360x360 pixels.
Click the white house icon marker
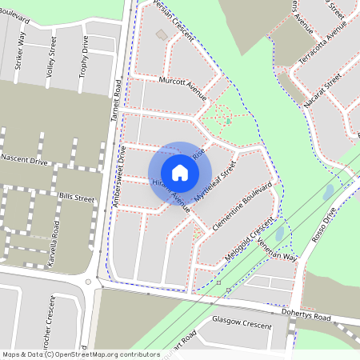180,172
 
